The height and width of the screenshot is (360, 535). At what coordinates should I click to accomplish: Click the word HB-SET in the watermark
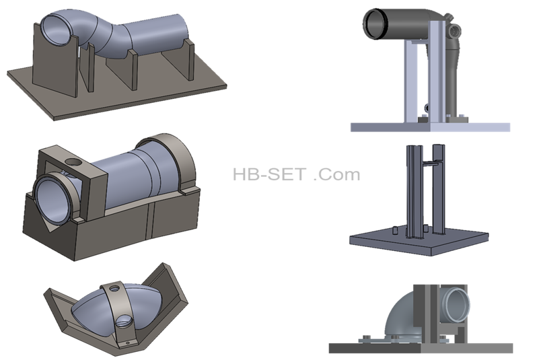coord(269,174)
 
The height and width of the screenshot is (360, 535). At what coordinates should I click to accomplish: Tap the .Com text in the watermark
coord(336,174)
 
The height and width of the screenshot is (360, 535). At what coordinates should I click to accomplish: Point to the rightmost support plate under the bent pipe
coord(188,60)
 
